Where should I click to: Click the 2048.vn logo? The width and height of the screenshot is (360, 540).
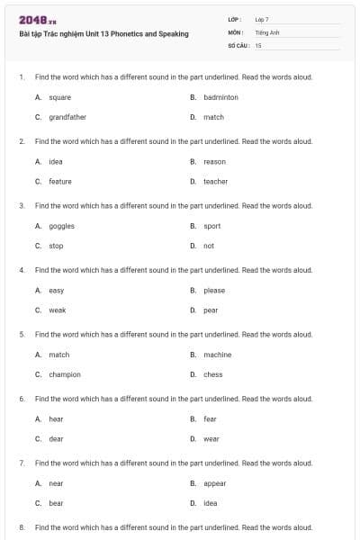click(x=37, y=20)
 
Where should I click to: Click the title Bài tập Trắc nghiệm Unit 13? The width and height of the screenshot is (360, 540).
click(x=103, y=34)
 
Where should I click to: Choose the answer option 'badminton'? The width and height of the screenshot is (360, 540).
click(x=220, y=97)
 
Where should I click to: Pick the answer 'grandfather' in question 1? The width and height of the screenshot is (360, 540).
click(x=67, y=117)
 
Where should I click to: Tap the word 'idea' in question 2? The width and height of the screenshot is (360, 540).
click(x=55, y=162)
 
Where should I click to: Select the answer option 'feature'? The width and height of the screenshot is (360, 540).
click(x=59, y=182)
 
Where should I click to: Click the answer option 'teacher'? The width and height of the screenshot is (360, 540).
click(x=215, y=182)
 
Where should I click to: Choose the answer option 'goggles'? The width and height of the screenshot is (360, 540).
click(x=61, y=226)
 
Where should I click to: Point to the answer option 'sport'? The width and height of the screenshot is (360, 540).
click(x=211, y=226)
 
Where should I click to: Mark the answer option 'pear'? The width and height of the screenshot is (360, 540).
click(x=211, y=310)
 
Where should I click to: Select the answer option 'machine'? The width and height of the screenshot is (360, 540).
click(x=217, y=355)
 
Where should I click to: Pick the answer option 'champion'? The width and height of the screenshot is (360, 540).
click(x=64, y=374)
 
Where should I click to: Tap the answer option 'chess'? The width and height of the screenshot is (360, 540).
click(x=212, y=374)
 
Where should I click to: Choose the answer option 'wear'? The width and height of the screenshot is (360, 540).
click(x=211, y=439)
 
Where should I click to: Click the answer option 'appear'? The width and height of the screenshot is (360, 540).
click(x=214, y=483)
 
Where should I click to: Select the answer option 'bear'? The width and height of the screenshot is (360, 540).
click(x=56, y=503)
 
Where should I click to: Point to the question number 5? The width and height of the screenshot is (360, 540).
click(x=22, y=334)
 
